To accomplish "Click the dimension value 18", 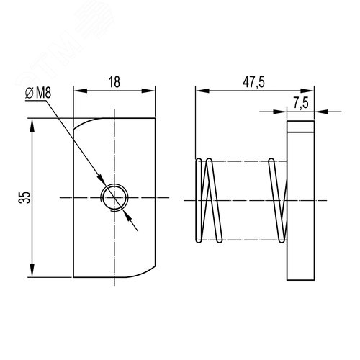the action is [114, 82].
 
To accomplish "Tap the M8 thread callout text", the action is [43, 93].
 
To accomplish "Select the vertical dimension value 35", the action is [24, 197].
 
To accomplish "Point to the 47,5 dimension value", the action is [253, 82].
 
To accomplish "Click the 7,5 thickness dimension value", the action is [301, 103].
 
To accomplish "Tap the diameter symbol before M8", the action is [30, 93].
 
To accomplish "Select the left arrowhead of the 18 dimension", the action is [80, 91].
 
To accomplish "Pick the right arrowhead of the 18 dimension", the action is [148, 91].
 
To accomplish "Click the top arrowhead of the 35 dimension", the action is [32, 125].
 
